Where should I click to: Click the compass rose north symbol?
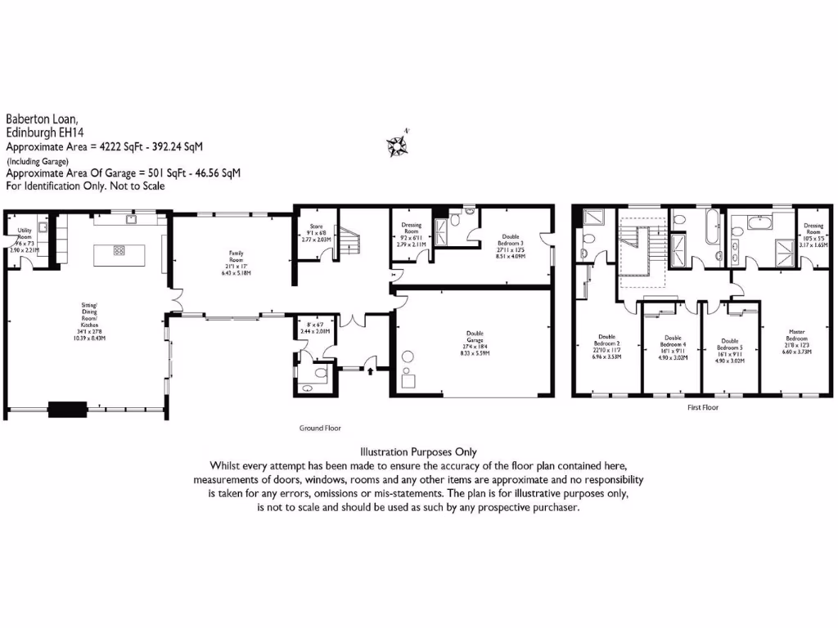(399, 144)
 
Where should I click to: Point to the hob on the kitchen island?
(119, 251)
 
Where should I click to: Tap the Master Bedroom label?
(796, 338)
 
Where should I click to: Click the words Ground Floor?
(321, 428)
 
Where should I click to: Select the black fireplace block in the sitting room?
(68, 408)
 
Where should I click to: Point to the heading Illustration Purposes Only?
(418, 452)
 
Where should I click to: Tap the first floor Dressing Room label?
(813, 229)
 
